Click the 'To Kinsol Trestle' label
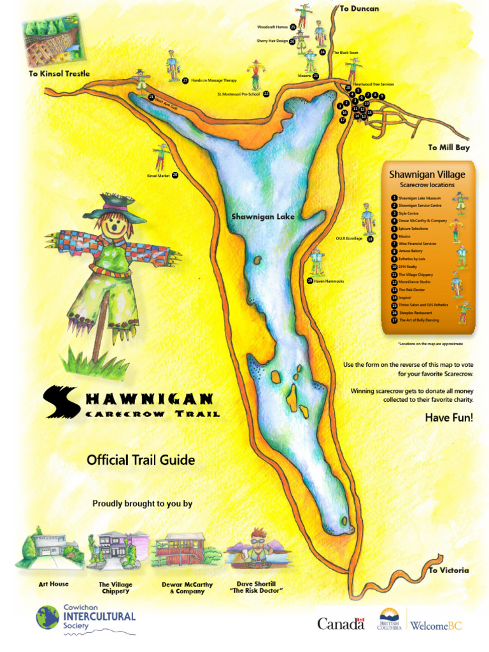tap(59, 74)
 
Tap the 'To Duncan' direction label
tap(359, 8)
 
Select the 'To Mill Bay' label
tap(448, 147)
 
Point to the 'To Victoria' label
tap(448, 570)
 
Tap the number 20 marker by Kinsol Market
tap(175, 175)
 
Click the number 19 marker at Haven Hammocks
tap(310, 280)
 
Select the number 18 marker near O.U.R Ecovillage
tap(370, 239)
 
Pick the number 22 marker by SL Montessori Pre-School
tap(266, 94)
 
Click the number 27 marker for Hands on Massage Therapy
tap(185, 81)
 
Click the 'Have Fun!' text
tap(449, 418)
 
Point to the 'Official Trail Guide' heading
tap(141, 460)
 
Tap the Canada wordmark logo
tap(341, 624)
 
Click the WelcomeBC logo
tap(436, 625)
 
